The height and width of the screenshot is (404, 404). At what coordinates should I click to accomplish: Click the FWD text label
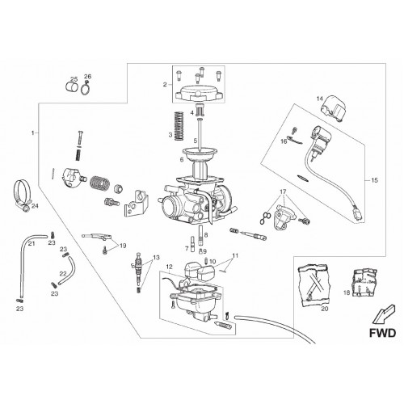click(x=382, y=333)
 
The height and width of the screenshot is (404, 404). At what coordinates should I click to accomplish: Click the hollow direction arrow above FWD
click(x=383, y=314)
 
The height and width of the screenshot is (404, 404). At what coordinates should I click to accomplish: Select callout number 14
click(x=320, y=99)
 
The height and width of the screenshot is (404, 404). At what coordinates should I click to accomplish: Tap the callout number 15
click(x=375, y=180)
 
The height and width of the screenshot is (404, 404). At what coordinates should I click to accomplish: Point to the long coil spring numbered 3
click(x=179, y=126)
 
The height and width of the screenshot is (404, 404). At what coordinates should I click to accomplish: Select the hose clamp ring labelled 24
click(x=23, y=196)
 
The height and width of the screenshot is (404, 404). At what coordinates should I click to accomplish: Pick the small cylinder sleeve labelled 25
click(x=72, y=87)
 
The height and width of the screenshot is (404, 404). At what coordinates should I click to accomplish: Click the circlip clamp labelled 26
click(x=86, y=88)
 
